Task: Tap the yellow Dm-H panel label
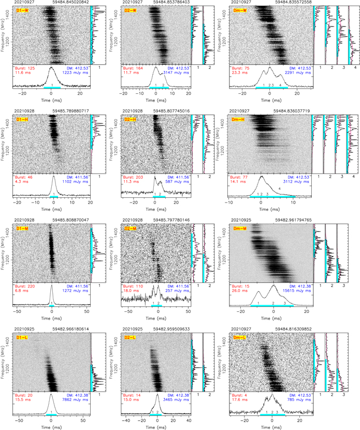pos(240,120)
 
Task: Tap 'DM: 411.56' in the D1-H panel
pos(77,177)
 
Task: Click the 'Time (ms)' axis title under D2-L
pos(156,426)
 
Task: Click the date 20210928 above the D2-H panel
pos(133,111)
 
